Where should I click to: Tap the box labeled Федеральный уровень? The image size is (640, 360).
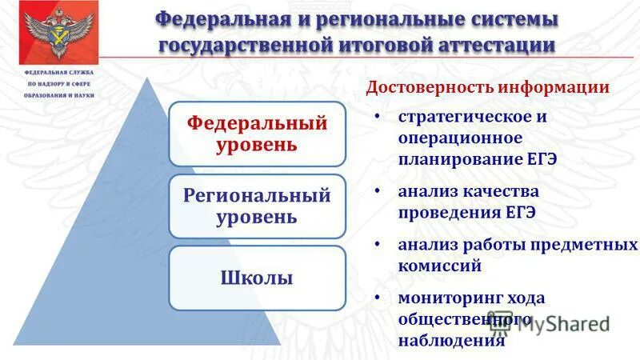tap(257, 134)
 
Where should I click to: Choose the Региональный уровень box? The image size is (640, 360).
tap(257, 206)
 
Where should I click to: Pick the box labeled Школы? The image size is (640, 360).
tap(257, 278)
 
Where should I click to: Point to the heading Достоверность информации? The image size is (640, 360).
tap(487, 86)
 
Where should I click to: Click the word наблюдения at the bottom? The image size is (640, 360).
tap(452, 339)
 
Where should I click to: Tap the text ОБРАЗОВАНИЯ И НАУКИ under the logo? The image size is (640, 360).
tap(58, 95)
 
